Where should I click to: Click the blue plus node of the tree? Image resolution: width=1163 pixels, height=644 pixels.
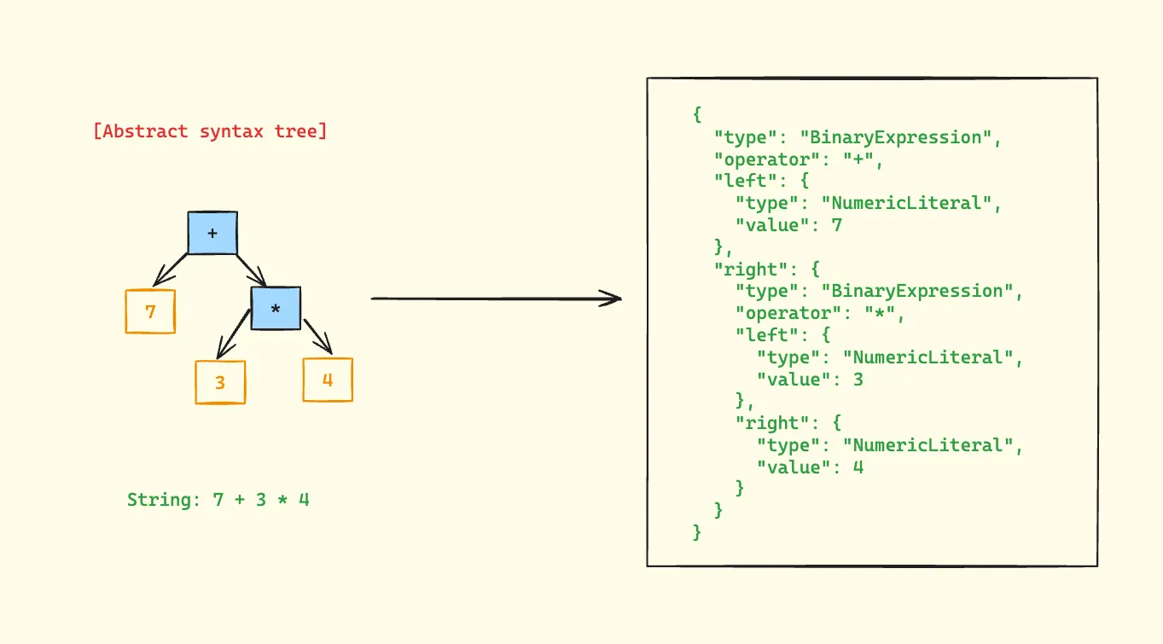(x=212, y=232)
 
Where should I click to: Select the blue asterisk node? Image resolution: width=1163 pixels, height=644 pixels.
(x=276, y=308)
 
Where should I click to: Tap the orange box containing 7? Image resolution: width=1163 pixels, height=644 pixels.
(x=151, y=311)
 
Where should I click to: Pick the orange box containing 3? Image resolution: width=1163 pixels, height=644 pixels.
(x=220, y=382)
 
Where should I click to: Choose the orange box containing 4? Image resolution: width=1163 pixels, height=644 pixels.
(x=328, y=380)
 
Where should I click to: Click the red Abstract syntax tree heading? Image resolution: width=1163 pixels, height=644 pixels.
(x=210, y=131)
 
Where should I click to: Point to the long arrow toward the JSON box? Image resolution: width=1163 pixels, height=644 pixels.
(x=495, y=299)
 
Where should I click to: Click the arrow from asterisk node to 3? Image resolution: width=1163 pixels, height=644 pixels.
(x=233, y=334)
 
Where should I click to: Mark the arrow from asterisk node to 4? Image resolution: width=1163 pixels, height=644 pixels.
(x=317, y=334)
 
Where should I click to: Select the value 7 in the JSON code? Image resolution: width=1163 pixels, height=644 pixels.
(x=838, y=225)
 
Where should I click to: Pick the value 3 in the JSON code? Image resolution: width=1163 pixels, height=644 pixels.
(x=858, y=379)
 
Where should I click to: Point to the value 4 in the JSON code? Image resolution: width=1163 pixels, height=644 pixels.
(x=858, y=467)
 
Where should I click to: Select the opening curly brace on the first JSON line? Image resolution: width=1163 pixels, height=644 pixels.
(x=698, y=114)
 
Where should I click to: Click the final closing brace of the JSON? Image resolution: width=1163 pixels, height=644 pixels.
(x=698, y=532)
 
